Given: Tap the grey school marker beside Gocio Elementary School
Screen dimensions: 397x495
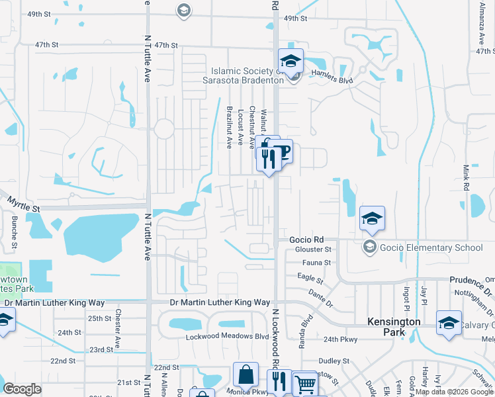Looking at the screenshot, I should click(x=369, y=247).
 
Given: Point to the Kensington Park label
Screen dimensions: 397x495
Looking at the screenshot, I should click(x=394, y=322).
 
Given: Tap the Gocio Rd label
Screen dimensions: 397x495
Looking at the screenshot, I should click(x=306, y=240).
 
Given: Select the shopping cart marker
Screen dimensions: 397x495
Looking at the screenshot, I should click(x=304, y=384).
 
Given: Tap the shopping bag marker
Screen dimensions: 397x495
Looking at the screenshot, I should click(x=245, y=375).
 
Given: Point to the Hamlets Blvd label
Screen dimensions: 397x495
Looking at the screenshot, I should click(x=332, y=80).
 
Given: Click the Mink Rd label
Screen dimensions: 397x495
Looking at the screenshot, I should click(x=466, y=178).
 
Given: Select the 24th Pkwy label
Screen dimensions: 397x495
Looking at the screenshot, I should click(x=340, y=339).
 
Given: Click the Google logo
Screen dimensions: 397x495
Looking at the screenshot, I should click(x=22, y=389).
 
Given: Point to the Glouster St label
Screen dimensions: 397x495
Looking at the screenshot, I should click(x=314, y=249).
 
